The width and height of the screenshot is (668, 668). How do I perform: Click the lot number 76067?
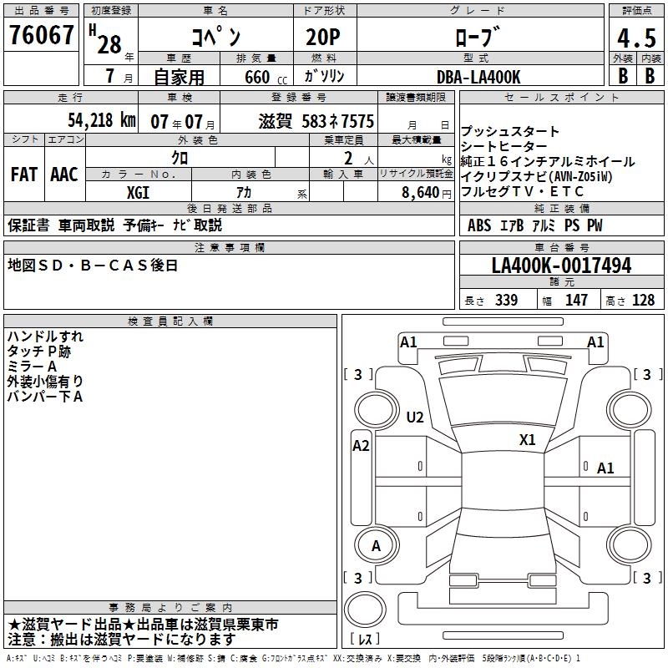(40, 36)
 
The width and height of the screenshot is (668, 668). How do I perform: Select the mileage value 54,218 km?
(90, 120)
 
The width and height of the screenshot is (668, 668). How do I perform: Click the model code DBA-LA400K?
(478, 77)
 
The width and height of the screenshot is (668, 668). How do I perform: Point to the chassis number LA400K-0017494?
(561, 266)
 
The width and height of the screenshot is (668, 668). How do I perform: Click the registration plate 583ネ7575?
(338, 121)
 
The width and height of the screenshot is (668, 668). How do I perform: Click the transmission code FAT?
(23, 175)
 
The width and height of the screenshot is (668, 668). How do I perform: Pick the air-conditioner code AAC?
(63, 175)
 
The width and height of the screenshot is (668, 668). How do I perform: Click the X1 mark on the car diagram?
(527, 440)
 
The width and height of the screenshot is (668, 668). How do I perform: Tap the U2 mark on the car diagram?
(414, 417)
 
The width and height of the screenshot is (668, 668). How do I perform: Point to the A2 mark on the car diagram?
(361, 446)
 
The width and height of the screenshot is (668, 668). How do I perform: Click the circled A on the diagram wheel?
(376, 546)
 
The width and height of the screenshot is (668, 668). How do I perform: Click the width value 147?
(576, 301)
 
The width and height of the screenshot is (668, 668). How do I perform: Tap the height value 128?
(643, 301)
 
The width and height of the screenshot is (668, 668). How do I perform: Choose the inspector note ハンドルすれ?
(45, 337)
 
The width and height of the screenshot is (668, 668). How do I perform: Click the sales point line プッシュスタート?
(510, 132)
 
